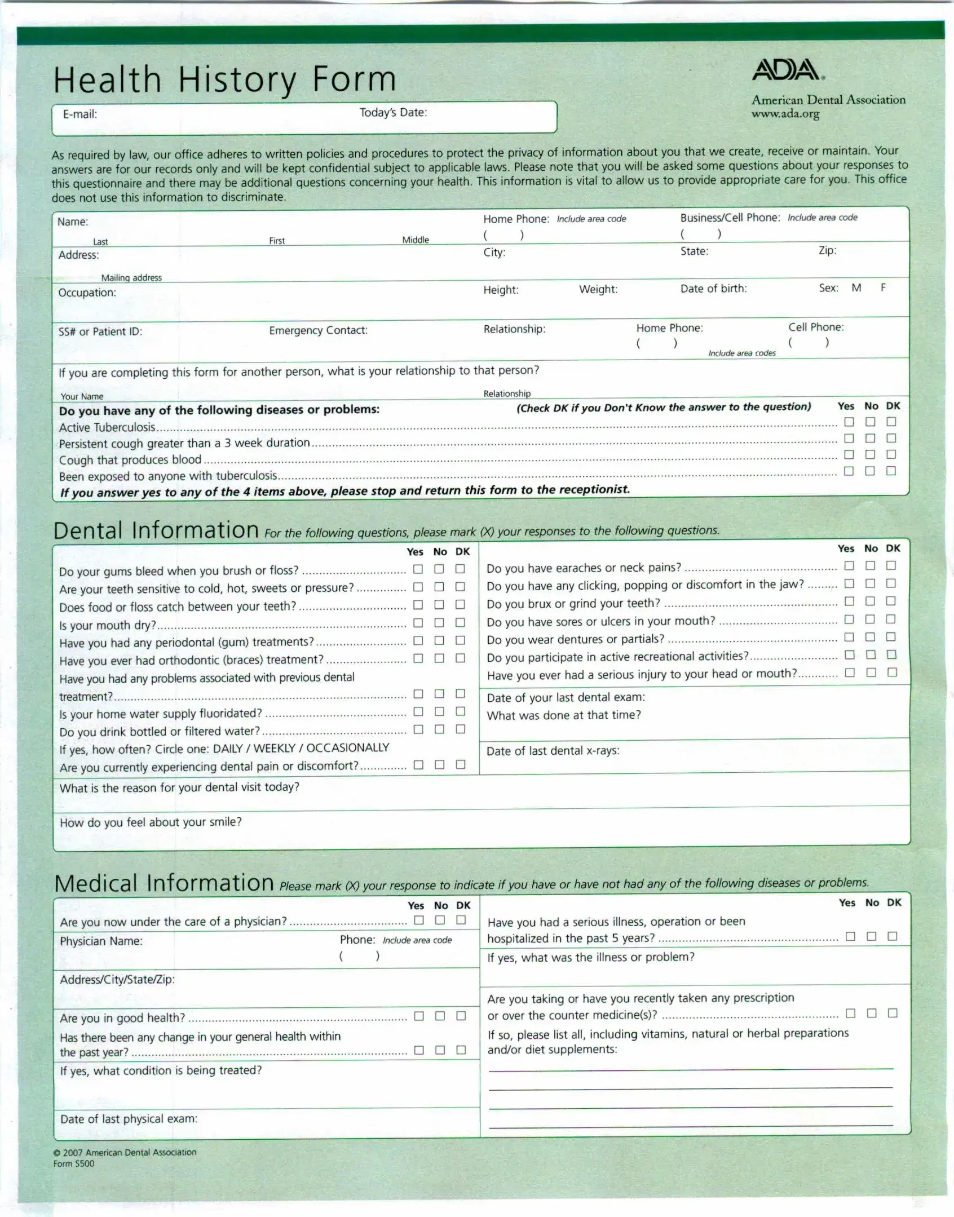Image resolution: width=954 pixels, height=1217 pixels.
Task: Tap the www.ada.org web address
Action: [x=785, y=114]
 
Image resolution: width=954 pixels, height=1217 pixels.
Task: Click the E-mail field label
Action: [x=79, y=114]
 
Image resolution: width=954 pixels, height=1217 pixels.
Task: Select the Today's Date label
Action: [x=393, y=112]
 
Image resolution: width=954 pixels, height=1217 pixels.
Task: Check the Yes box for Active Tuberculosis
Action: [x=849, y=422]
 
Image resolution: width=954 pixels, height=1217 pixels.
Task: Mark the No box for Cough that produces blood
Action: [x=870, y=454]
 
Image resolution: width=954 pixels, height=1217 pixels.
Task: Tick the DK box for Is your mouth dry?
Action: [x=460, y=622]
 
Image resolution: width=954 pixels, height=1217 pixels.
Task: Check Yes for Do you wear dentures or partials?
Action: [x=849, y=637]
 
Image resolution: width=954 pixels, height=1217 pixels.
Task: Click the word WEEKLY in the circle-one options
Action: [x=274, y=748]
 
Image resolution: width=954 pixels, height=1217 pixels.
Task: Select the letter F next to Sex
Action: [x=883, y=287]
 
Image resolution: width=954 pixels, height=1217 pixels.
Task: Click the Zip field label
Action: [x=827, y=250]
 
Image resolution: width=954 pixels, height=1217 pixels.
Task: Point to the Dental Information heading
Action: [x=156, y=530]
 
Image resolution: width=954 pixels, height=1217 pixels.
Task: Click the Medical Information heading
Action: [x=164, y=883]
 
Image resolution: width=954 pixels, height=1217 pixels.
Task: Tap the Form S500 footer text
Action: [x=74, y=1163]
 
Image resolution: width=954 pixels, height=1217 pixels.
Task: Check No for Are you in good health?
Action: [x=440, y=1016]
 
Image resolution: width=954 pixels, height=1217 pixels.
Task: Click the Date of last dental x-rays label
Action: [x=553, y=751]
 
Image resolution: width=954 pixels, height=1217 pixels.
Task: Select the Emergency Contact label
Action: [x=318, y=330]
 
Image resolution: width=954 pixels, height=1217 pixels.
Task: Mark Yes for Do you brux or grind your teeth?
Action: [x=849, y=601]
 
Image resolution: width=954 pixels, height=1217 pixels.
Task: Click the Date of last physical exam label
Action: [x=129, y=1119]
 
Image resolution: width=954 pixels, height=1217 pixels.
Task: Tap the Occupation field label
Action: [x=87, y=293]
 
